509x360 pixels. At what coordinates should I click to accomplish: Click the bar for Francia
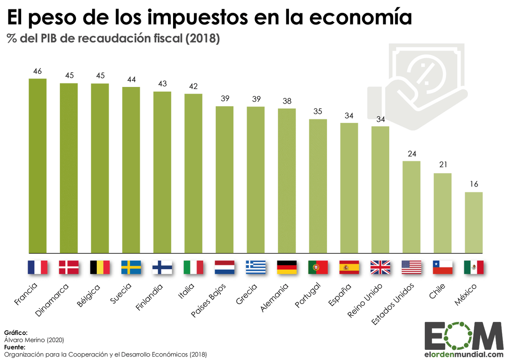pyautogui.click(x=37, y=166)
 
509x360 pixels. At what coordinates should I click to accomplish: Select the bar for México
pyautogui.click(x=474, y=222)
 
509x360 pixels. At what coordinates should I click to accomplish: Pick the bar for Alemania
pyautogui.click(x=287, y=180)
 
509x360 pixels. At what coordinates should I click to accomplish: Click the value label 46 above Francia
pyautogui.click(x=37, y=71)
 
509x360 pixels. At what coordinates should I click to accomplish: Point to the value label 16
pyautogui.click(x=474, y=185)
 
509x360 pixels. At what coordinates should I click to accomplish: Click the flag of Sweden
pyautogui.click(x=131, y=267)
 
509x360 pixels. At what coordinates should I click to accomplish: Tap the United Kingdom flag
pyautogui.click(x=380, y=267)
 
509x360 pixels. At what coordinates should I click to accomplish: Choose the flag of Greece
pyautogui.click(x=256, y=267)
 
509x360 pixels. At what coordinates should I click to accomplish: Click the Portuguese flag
pyautogui.click(x=318, y=267)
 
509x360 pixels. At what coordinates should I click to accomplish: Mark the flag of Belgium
pyautogui.click(x=100, y=267)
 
